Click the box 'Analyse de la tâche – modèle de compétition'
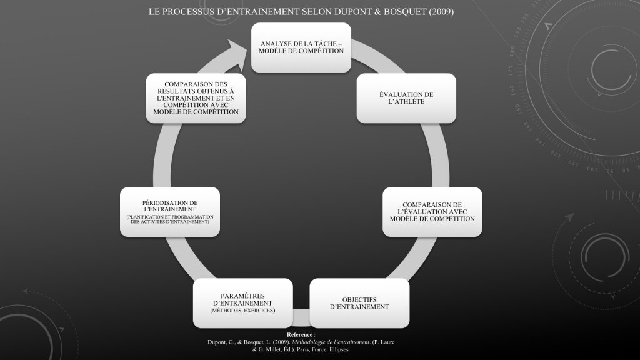(301, 47)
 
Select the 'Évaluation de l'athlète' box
(406, 97)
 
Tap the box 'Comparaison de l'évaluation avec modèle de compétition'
(432, 212)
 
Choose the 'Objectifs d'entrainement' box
(359, 303)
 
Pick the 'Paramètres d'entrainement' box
(242, 303)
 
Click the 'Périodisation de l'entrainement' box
(170, 212)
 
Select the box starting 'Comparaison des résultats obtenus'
(196, 97)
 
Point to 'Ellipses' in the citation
(338, 349)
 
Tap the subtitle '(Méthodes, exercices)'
(242, 311)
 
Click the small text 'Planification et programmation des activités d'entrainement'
(170, 219)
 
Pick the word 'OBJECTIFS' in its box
(359, 299)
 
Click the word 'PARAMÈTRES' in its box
(242, 295)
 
